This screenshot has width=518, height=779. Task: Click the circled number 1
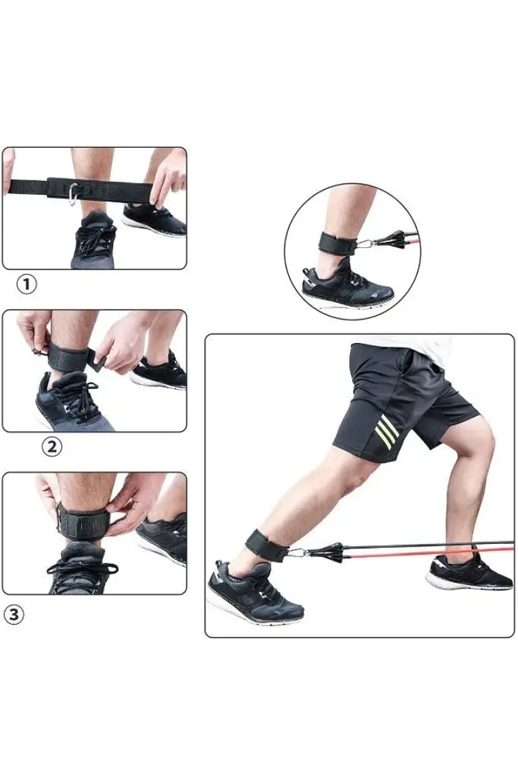tap(27, 285)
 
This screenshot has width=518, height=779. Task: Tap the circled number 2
tap(52, 447)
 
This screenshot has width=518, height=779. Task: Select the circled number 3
tap(14, 614)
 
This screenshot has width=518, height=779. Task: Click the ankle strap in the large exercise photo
tap(267, 545)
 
